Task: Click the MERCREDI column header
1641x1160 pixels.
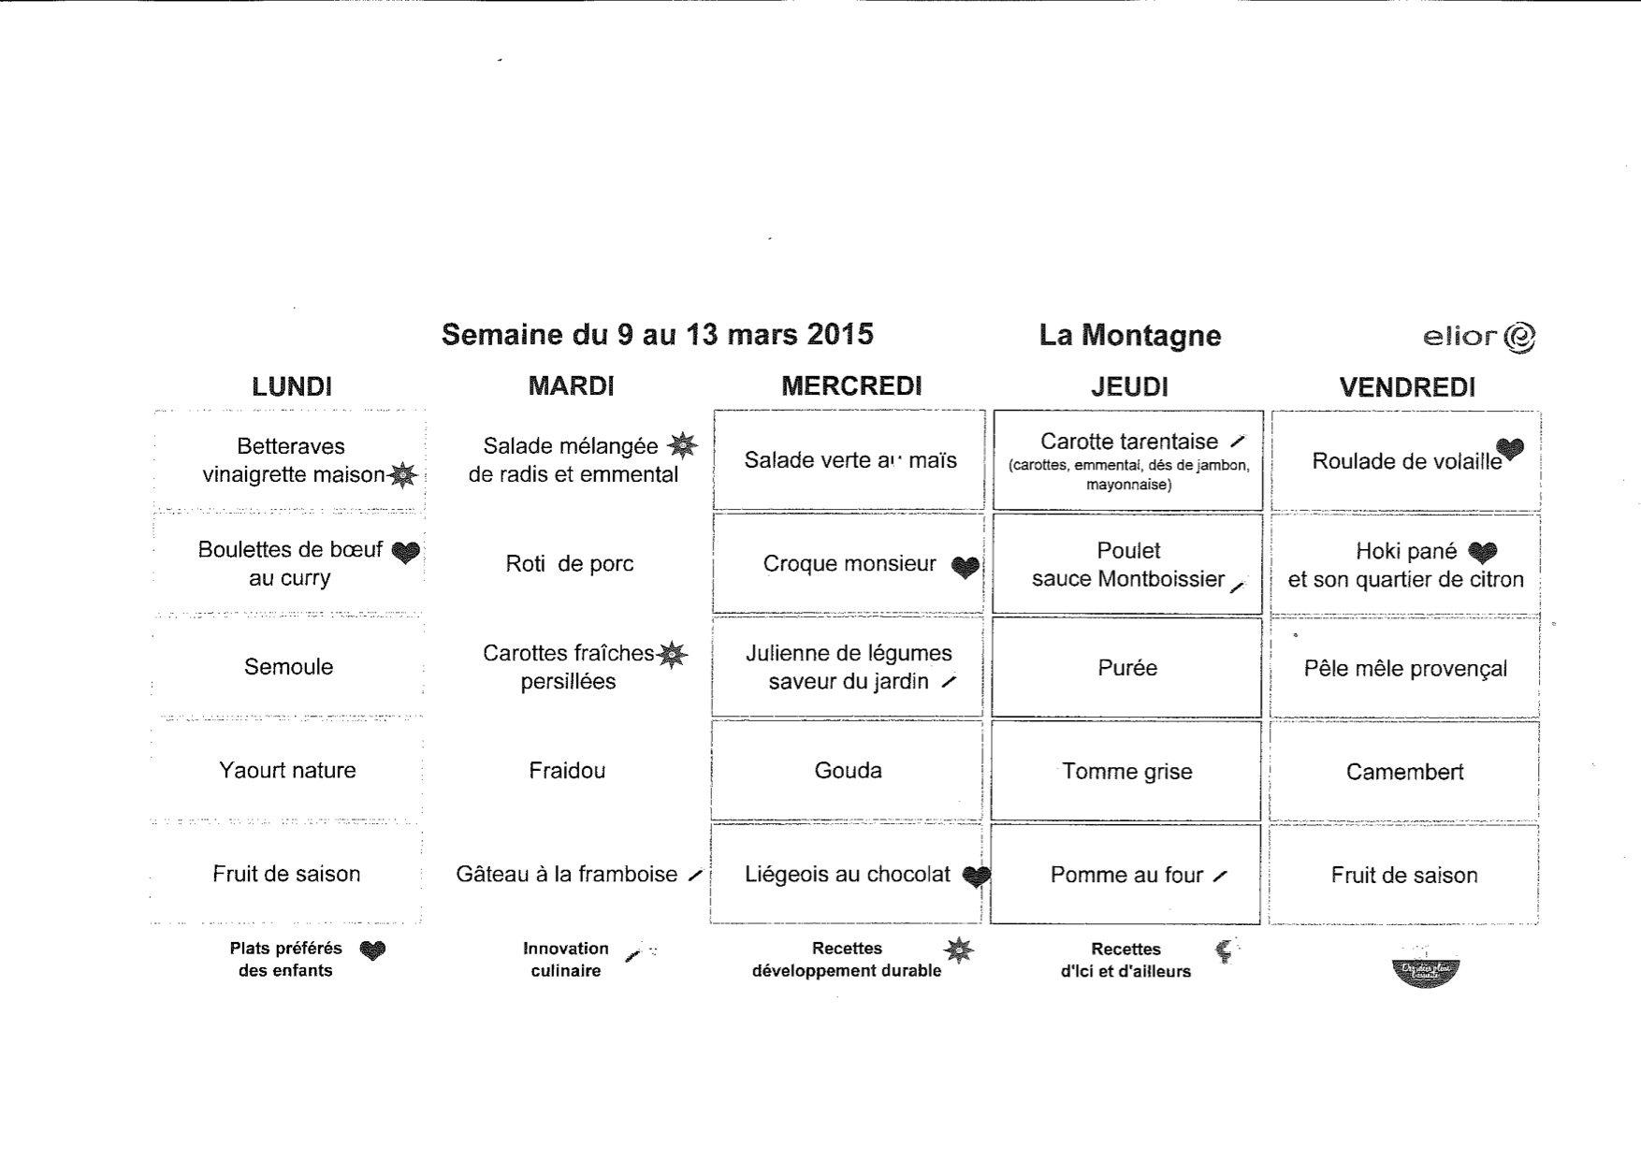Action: pyautogui.click(x=851, y=385)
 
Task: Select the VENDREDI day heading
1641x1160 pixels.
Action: pyautogui.click(x=1407, y=387)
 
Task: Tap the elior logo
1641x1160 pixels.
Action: pyautogui.click(x=1478, y=337)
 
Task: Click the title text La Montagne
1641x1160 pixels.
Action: pyautogui.click(x=1129, y=336)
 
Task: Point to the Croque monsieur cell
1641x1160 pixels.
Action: pyautogui.click(x=849, y=563)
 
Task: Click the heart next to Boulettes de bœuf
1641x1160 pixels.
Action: pyautogui.click(x=405, y=553)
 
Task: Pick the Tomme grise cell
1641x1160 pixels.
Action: pyautogui.click(x=1126, y=772)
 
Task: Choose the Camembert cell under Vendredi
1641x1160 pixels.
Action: pyautogui.click(x=1404, y=772)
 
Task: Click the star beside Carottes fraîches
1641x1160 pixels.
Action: pyautogui.click(x=672, y=654)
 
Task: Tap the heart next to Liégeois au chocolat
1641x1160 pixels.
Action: pyautogui.click(x=976, y=877)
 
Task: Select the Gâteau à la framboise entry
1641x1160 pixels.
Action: pyautogui.click(x=567, y=874)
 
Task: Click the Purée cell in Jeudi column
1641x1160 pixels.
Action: pyautogui.click(x=1127, y=668)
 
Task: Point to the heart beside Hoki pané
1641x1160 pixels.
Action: pyautogui.click(x=1482, y=553)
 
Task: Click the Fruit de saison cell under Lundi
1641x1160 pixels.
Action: pyautogui.click(x=286, y=874)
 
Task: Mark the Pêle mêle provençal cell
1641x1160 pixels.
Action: pyautogui.click(x=1405, y=669)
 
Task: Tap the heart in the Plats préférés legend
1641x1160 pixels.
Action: pyautogui.click(x=372, y=951)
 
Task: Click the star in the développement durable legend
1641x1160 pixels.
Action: pyautogui.click(x=958, y=950)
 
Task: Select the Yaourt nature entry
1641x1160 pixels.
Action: pyautogui.click(x=287, y=770)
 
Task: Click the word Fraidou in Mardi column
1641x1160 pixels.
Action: pyautogui.click(x=567, y=771)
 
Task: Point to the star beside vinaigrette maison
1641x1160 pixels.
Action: pyautogui.click(x=402, y=475)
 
